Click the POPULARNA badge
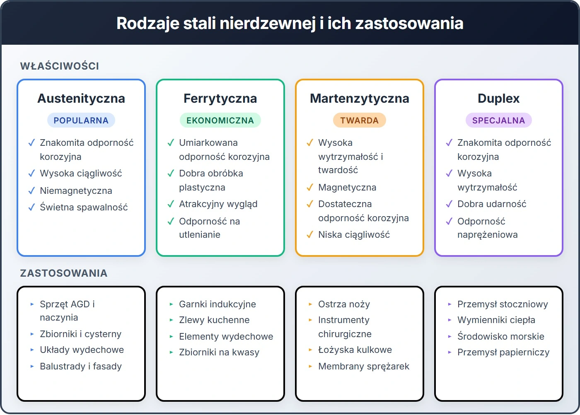point(81,121)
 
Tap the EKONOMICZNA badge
point(220,121)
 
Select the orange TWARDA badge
point(359,121)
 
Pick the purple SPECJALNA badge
point(498,121)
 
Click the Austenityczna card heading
point(81,99)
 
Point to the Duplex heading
point(498,99)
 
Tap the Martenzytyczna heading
point(359,99)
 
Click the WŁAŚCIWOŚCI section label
point(60,66)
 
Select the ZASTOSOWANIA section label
point(64,273)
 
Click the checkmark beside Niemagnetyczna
point(31,191)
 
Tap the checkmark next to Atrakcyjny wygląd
point(171,204)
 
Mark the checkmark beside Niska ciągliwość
point(310,235)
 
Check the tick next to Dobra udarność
point(449,204)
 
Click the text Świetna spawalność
point(84,207)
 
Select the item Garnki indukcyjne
point(217,304)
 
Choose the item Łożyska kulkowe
point(355,350)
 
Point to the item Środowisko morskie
point(501,337)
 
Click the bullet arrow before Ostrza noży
point(310,304)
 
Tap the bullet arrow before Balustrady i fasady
point(32,367)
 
